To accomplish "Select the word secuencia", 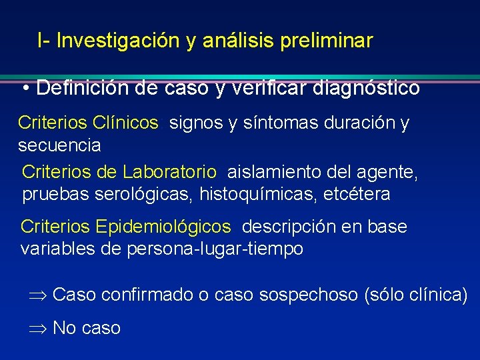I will (59, 145).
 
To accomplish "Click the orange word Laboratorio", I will (169, 173).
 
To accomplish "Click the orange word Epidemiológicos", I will (163, 227).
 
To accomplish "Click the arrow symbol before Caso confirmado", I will (37, 295).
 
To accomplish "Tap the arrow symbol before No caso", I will (37, 328).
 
